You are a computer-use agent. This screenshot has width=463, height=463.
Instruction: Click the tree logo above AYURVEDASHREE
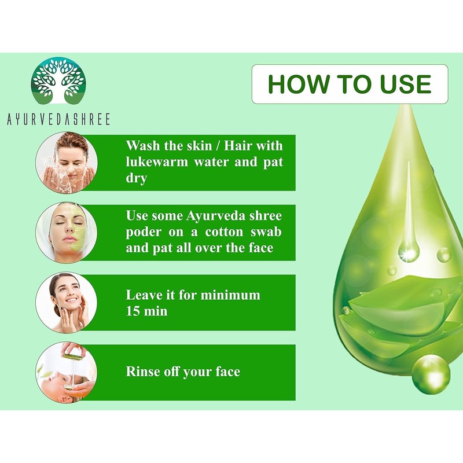(x=58, y=80)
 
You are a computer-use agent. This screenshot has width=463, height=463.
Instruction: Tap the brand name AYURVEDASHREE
(x=58, y=119)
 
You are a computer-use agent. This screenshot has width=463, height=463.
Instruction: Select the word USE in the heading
(x=406, y=84)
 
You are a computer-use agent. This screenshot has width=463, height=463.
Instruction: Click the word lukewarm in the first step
(x=157, y=162)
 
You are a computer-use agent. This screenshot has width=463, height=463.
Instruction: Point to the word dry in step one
(x=137, y=179)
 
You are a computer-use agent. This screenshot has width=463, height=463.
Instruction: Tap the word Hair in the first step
(x=237, y=146)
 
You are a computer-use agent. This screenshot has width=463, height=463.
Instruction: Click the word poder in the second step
(x=144, y=233)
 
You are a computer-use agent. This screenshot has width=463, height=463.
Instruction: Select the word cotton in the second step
(x=225, y=232)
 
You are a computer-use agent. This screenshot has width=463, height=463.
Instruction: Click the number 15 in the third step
(x=133, y=311)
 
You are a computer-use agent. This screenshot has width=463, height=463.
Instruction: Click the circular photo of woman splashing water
(x=67, y=163)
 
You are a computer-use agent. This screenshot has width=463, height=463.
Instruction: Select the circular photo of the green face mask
(x=67, y=233)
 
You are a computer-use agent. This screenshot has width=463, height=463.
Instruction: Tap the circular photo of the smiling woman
(x=67, y=303)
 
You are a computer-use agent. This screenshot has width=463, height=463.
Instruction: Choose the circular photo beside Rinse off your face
(x=67, y=373)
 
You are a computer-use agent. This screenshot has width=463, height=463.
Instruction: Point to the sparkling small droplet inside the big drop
(x=409, y=251)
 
